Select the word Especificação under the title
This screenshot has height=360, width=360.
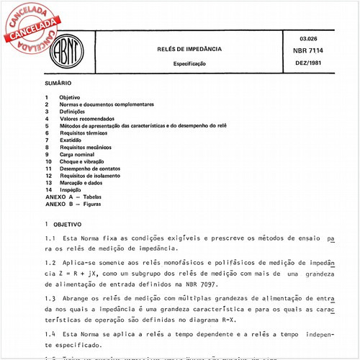click(x=189, y=63)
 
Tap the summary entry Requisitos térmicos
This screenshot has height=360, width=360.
click(x=84, y=133)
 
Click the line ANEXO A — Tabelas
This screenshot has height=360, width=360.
click(x=74, y=197)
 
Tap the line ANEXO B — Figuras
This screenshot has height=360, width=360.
click(x=74, y=204)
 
